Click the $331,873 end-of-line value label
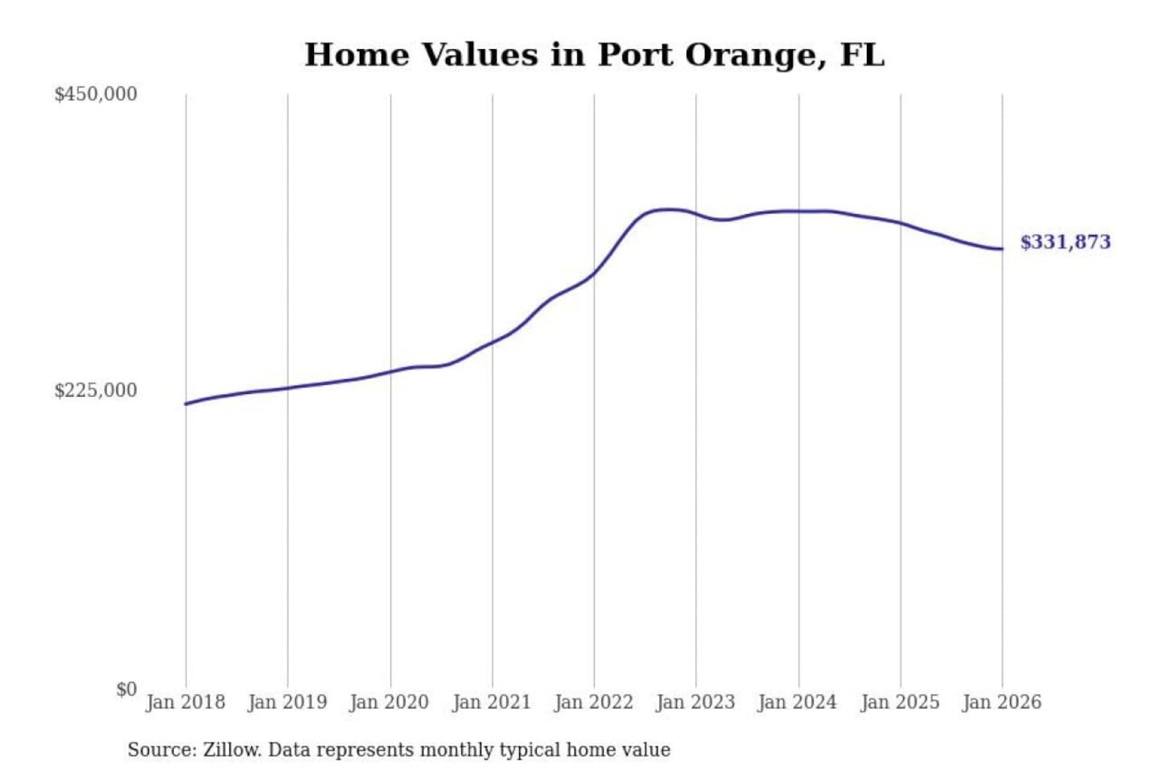[x=1065, y=242]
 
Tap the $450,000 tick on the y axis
[x=96, y=94]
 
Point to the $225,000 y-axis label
[x=96, y=391]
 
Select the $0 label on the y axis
[x=126, y=689]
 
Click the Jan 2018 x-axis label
[x=185, y=702]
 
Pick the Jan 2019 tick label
[x=287, y=702]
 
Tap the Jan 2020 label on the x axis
[x=390, y=702]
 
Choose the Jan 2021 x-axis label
[x=492, y=702]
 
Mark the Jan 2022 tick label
[x=594, y=702]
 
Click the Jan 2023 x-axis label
[x=695, y=702]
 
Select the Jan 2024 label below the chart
[x=798, y=702]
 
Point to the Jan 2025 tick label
[x=900, y=702]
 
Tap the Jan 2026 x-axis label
[x=1002, y=702]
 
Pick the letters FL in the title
[x=862, y=55]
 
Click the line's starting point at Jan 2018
[x=186, y=403]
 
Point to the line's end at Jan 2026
[x=1002, y=249]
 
